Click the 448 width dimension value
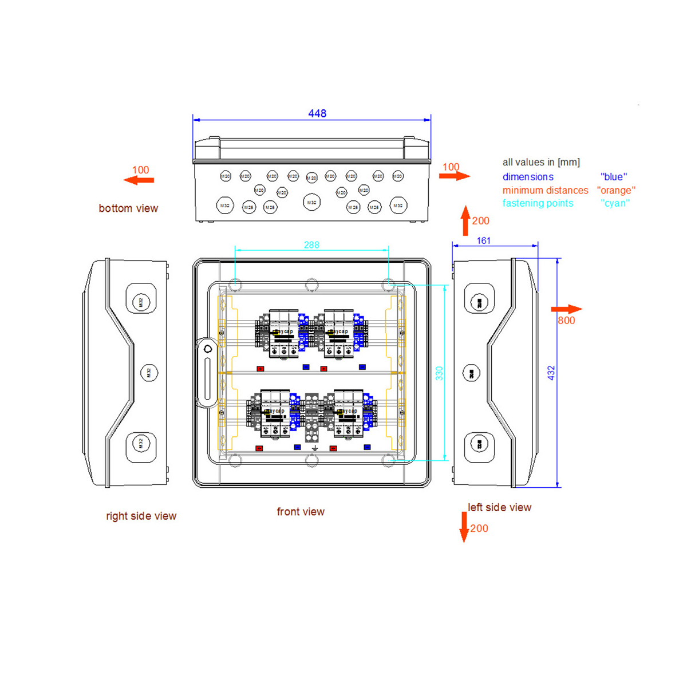tap(317, 113)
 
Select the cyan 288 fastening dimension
tap(311, 245)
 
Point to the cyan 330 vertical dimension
tap(439, 373)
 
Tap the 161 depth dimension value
tap(484, 241)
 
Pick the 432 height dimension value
tap(551, 373)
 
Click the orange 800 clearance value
tap(566, 321)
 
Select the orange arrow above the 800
tap(567, 309)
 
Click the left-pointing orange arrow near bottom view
tap(139, 180)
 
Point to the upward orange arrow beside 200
tap(465, 220)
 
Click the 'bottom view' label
tap(128, 208)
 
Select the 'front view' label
tap(301, 512)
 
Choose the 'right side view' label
tap(141, 516)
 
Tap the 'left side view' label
tap(499, 507)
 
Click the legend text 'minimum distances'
tap(545, 190)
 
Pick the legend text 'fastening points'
tap(538, 203)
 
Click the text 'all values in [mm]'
tap(541, 163)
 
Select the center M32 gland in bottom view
tap(311, 203)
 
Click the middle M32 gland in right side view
tap(149, 373)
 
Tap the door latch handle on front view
tap(207, 372)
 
